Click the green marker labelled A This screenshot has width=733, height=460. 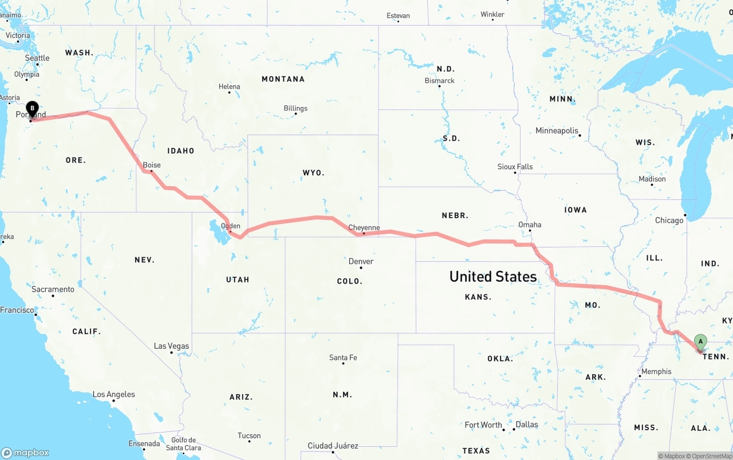pyautogui.click(x=700, y=342)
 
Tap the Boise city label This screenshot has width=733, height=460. pyautogui.click(x=152, y=165)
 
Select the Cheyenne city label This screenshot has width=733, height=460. pyautogui.click(x=364, y=227)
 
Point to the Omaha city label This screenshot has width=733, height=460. pyautogui.click(x=530, y=225)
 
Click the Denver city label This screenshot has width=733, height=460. pyautogui.click(x=361, y=261)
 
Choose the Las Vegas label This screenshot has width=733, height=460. pyautogui.click(x=171, y=346)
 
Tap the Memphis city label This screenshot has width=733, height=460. pyautogui.click(x=656, y=371)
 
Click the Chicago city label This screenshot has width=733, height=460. pyautogui.click(x=669, y=220)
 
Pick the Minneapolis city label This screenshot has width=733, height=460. pyautogui.click(x=557, y=131)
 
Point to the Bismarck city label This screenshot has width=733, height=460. pyautogui.click(x=440, y=81)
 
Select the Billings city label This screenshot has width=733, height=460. pyautogui.click(x=295, y=108)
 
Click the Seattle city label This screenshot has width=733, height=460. pyautogui.click(x=37, y=58)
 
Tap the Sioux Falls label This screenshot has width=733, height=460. pyautogui.click(x=515, y=167)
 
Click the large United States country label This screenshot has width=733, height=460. pyautogui.click(x=493, y=277)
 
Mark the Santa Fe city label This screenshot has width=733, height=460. pyautogui.click(x=343, y=357)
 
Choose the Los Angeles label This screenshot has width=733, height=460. pyautogui.click(x=114, y=394)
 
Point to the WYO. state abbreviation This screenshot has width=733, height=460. pyautogui.click(x=313, y=172)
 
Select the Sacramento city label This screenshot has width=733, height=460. pyautogui.click(x=53, y=289)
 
